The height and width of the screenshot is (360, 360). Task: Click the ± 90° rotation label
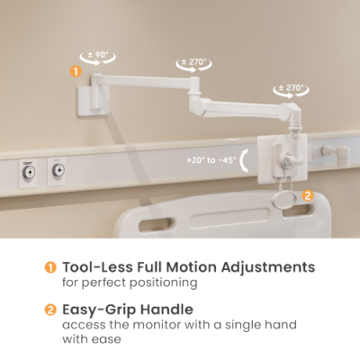coord(97,55)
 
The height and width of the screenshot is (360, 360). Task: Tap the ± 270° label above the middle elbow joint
coord(193,62)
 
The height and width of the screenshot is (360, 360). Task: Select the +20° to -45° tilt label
coord(211,160)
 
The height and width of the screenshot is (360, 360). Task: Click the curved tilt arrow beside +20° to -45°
coord(243,160)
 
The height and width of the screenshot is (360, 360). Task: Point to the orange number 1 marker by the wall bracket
coord(76,72)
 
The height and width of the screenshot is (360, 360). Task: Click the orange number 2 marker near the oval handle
coord(308,195)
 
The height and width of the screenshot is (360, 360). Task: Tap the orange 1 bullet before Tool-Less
coord(50,267)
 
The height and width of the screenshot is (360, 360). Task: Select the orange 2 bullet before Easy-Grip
coord(50,310)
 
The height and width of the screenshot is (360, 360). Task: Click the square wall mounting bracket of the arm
coord(94,101)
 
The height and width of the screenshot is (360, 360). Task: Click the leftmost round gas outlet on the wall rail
coord(29,172)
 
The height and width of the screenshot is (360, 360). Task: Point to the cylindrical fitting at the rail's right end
coord(343,154)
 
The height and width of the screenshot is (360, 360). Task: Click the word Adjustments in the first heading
coord(268,267)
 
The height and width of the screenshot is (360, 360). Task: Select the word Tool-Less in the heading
coord(97,267)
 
